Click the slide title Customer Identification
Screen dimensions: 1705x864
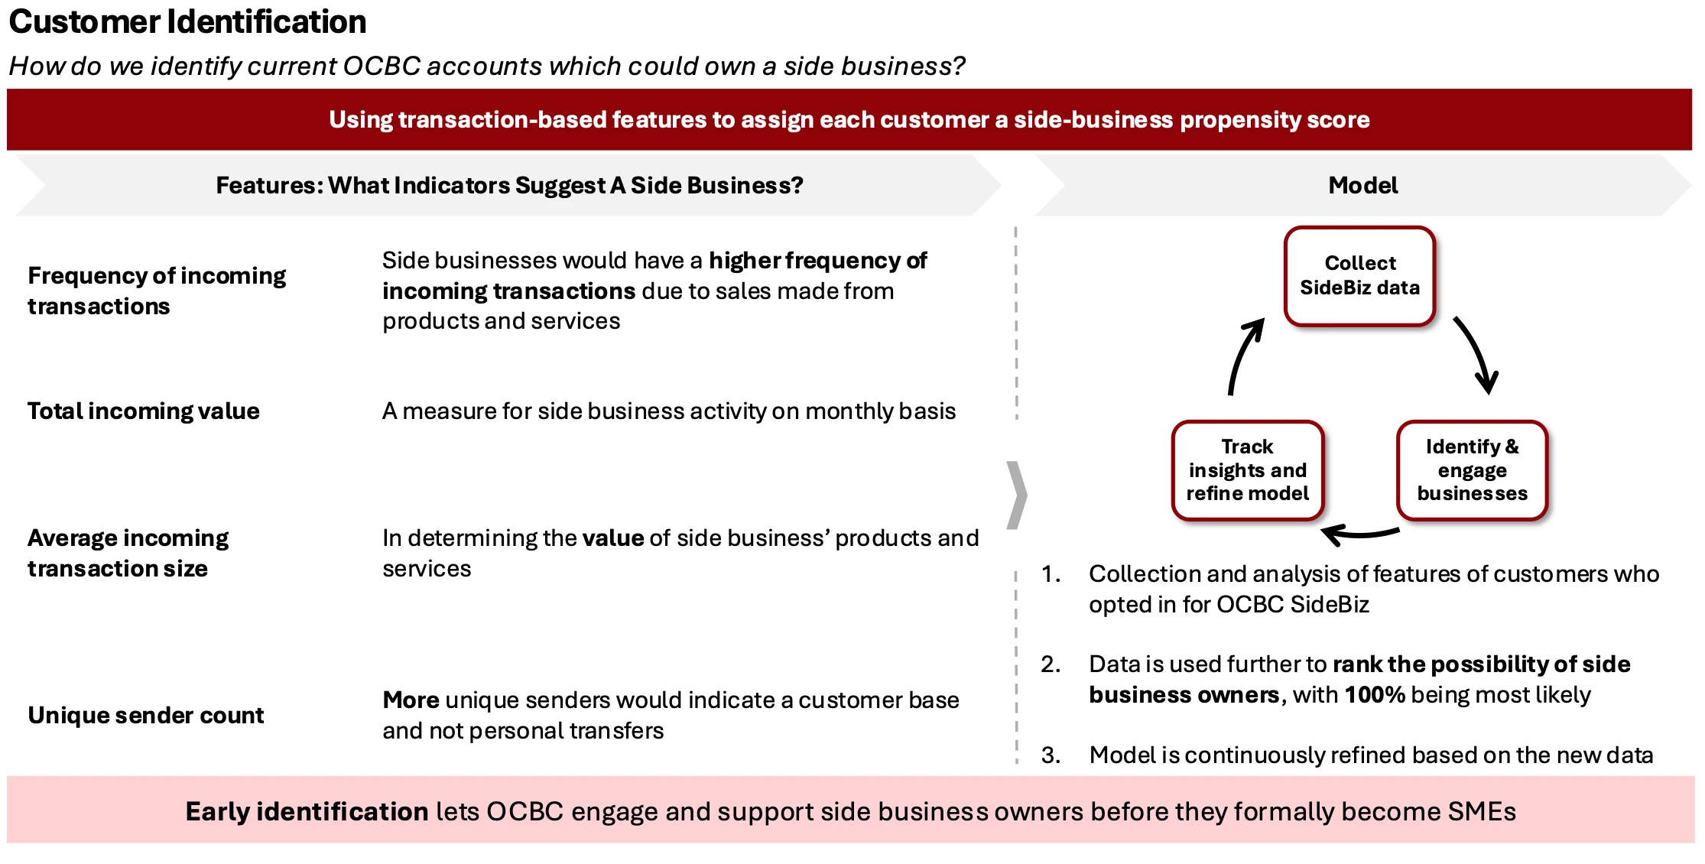pyautogui.click(x=187, y=22)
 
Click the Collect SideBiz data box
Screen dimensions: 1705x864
pyautogui.click(x=1359, y=276)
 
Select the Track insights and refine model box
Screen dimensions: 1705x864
pyautogui.click(x=1247, y=470)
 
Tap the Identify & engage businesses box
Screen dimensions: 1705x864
pyautogui.click(x=1472, y=470)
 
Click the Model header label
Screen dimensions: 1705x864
pyautogui.click(x=1362, y=185)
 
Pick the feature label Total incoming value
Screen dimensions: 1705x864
pyautogui.click(x=144, y=411)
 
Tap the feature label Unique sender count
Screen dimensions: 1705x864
pyautogui.click(x=145, y=715)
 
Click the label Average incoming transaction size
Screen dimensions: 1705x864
pyautogui.click(x=128, y=553)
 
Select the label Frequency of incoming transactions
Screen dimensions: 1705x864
pyautogui.click(x=157, y=291)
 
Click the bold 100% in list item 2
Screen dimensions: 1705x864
pyautogui.click(x=1374, y=694)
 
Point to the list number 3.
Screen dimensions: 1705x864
pyautogui.click(x=1051, y=755)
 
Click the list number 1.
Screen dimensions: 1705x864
pyautogui.click(x=1051, y=573)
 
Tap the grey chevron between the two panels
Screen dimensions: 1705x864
pyautogui.click(x=1017, y=495)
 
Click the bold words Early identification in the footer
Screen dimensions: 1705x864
pyautogui.click(x=307, y=811)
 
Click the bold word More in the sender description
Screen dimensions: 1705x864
pyautogui.click(x=411, y=700)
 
